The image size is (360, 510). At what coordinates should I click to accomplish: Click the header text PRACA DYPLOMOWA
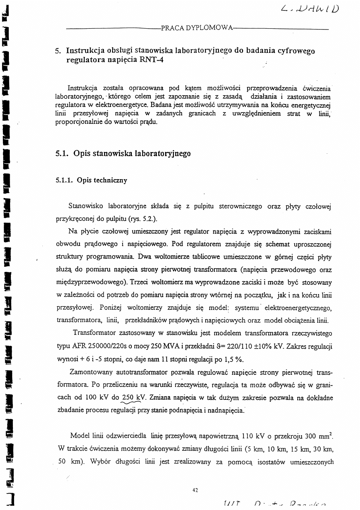197,28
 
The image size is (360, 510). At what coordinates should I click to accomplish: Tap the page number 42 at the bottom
196,490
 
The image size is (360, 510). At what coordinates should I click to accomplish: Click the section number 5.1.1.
64,180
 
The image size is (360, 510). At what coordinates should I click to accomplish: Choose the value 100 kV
96,397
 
